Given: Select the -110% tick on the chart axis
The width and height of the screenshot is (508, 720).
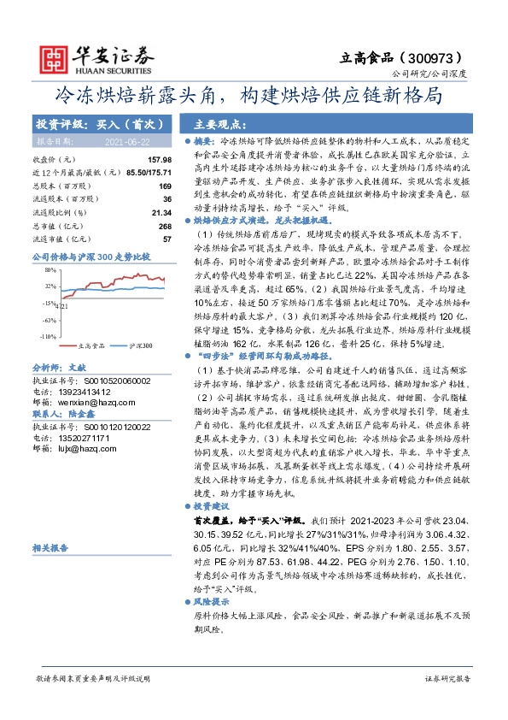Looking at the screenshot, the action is pos(47,335).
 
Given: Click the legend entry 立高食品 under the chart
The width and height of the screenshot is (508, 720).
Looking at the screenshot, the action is pos(91,345).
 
